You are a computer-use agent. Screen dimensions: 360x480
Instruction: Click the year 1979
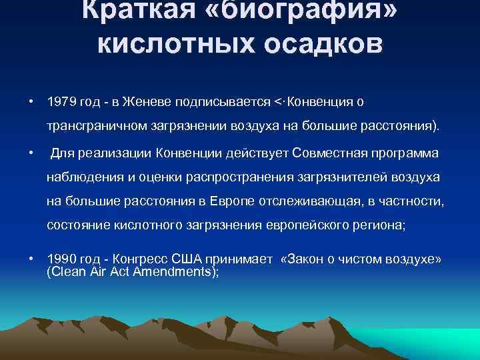[x=60, y=103]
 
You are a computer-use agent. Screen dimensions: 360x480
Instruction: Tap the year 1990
[x=60, y=259]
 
